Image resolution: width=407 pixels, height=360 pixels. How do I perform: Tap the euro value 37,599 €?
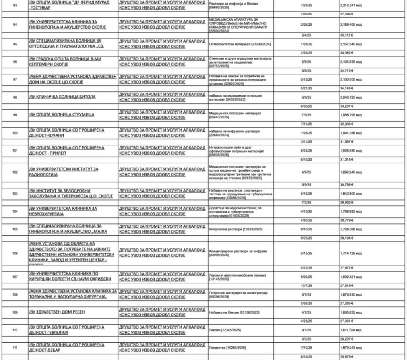coord(347,15)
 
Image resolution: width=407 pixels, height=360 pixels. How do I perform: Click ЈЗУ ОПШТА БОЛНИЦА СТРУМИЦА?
coord(62,115)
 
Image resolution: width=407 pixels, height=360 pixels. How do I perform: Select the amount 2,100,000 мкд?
coord(351,79)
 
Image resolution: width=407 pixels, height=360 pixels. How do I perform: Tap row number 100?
coord(15,133)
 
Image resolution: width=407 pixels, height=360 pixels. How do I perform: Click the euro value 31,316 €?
coord(347,159)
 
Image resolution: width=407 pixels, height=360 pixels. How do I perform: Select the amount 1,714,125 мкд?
coord(351,253)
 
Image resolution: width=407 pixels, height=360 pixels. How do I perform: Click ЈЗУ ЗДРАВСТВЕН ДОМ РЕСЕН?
coord(57,312)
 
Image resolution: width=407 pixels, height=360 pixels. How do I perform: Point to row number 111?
coord(15,348)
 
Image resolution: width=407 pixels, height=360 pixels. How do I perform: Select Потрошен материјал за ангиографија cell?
coord(238,294)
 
